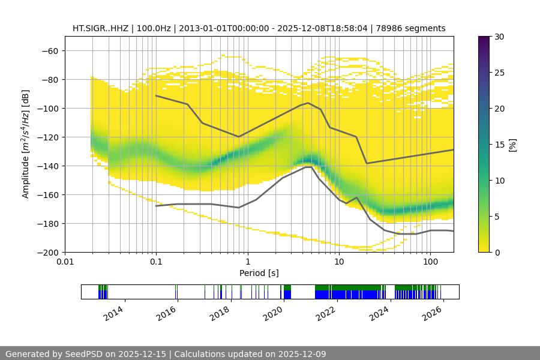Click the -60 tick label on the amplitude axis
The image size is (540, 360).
click(49, 50)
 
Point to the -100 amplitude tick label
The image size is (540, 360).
click(47, 108)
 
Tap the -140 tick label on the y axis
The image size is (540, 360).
click(47, 166)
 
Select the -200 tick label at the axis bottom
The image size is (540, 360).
click(47, 252)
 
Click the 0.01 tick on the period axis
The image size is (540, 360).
click(65, 262)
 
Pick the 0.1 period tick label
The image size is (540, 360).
click(156, 262)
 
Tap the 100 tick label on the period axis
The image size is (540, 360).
click(430, 262)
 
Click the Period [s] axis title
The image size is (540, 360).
click(259, 273)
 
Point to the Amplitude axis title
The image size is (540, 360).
click(26, 144)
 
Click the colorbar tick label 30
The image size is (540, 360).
click(499, 37)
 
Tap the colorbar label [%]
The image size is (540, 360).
click(512, 145)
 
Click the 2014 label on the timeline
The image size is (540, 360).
click(115, 313)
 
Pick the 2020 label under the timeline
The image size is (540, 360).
click(274, 313)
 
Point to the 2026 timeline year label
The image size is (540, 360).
click(433, 313)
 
